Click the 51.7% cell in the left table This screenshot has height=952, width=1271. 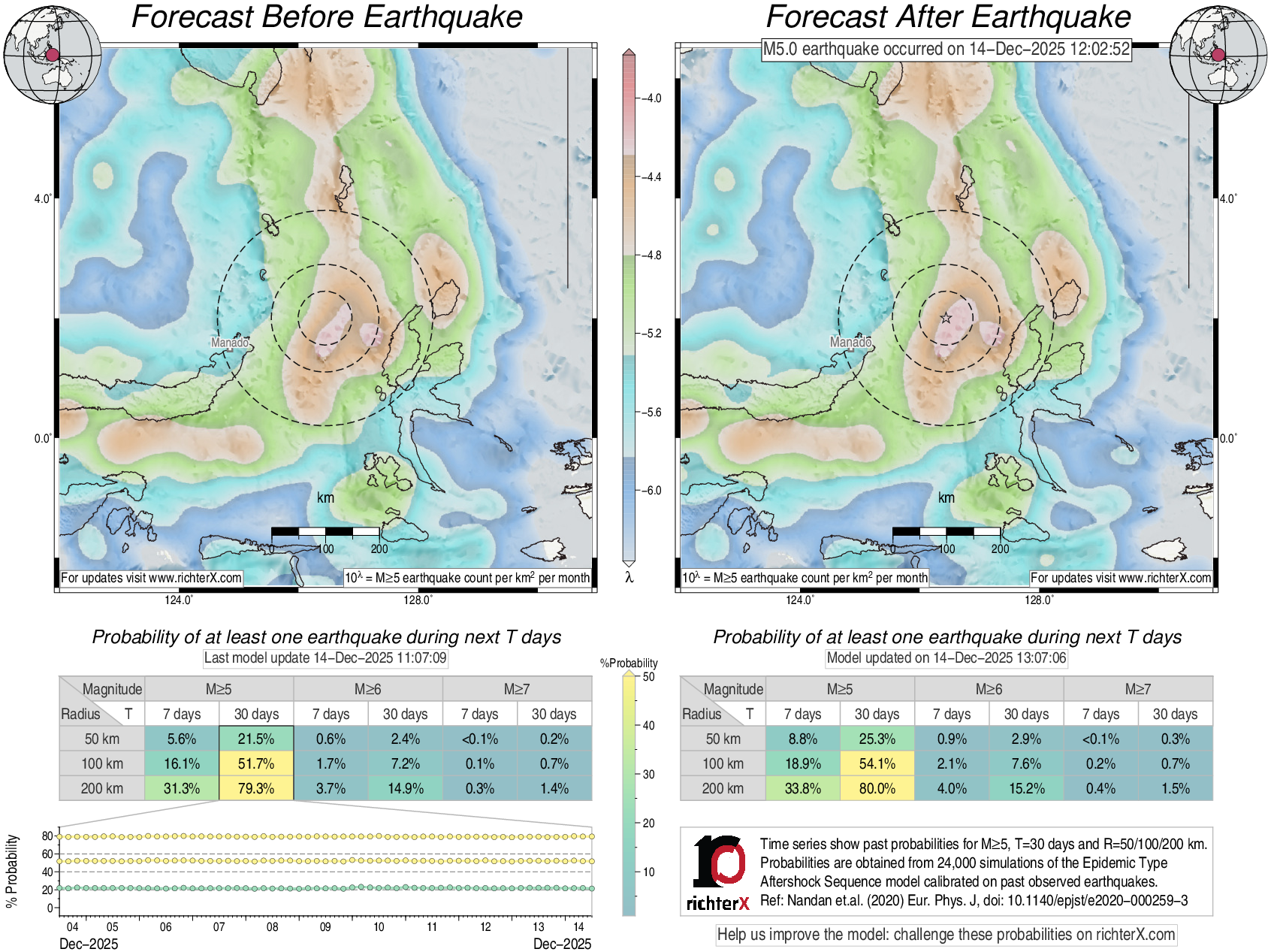click(x=256, y=763)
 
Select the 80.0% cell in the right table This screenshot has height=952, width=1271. click(x=877, y=788)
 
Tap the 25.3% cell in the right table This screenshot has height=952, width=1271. click(x=877, y=739)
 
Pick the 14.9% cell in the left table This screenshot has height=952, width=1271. click(x=405, y=788)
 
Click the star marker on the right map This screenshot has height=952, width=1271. click(x=946, y=318)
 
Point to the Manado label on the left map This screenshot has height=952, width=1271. click(x=229, y=343)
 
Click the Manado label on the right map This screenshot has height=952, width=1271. click(x=850, y=343)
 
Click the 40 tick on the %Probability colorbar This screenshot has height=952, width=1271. click(x=648, y=725)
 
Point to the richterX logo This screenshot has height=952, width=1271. click(x=718, y=872)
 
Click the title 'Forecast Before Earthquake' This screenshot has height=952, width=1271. click(x=327, y=17)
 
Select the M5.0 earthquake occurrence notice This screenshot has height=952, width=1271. click(x=946, y=50)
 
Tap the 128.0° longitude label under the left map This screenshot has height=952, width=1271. click(x=418, y=600)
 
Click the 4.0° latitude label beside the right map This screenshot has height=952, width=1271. click(x=1227, y=198)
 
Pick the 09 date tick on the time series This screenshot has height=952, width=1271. click(x=325, y=926)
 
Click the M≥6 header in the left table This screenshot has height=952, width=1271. click(x=367, y=689)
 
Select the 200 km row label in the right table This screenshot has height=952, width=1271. click(x=723, y=788)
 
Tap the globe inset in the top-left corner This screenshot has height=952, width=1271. click(x=52, y=54)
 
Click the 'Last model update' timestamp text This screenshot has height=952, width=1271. click(x=325, y=658)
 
